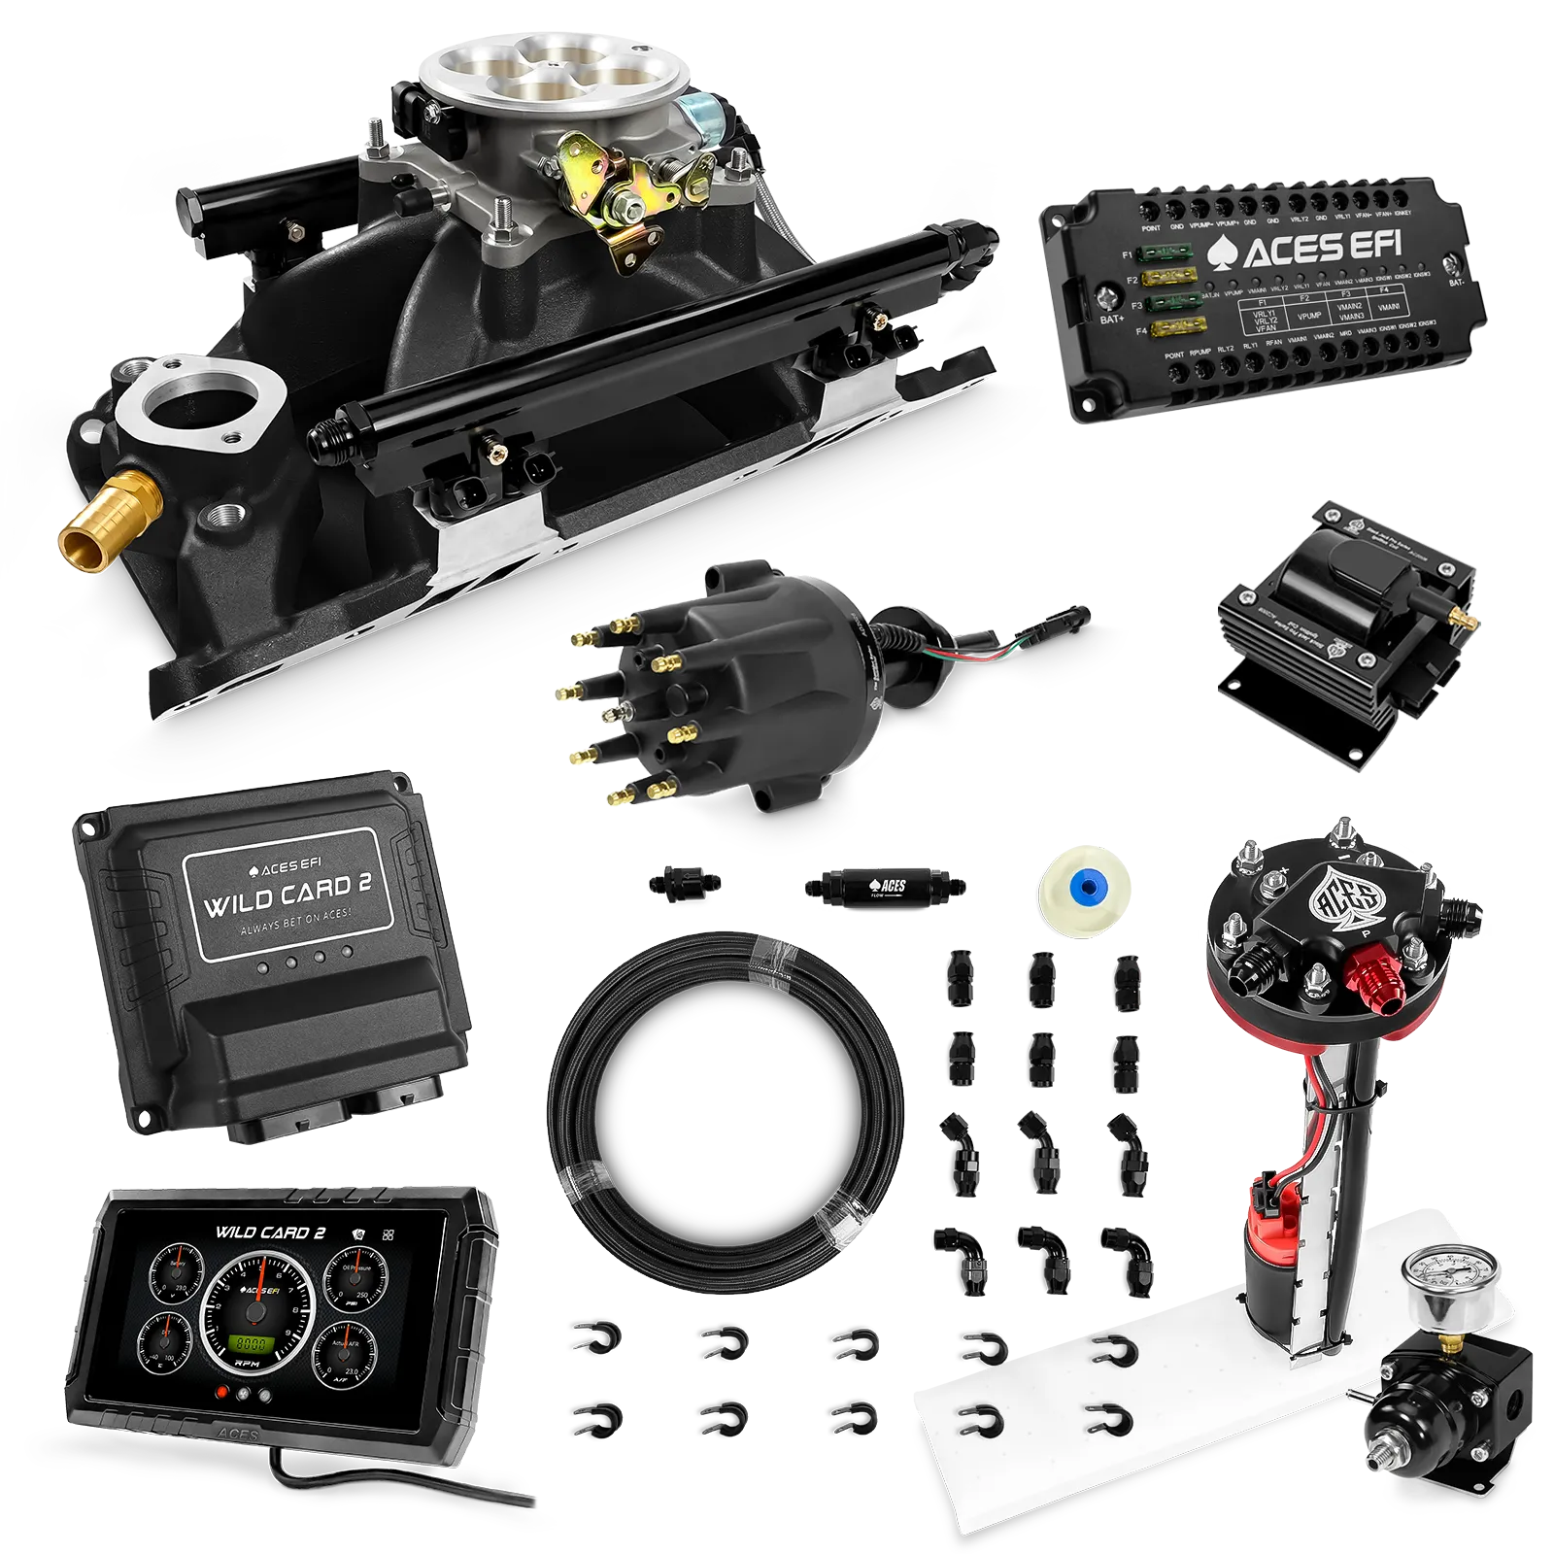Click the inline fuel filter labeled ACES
pyautogui.click(x=885, y=886)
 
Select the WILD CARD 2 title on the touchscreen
pyautogui.click(x=269, y=1233)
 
